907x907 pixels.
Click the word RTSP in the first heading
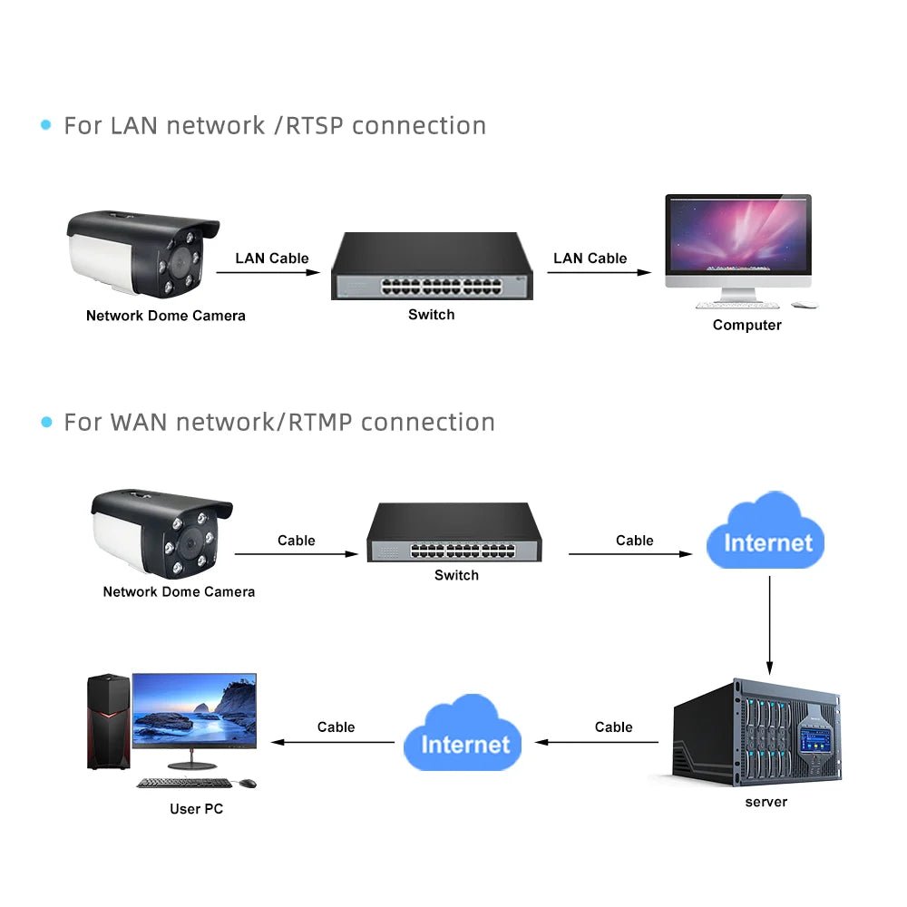(315, 125)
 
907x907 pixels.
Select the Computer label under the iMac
(746, 325)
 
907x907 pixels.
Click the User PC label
(196, 808)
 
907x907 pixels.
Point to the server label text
(766, 802)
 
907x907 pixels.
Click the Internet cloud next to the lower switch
(766, 535)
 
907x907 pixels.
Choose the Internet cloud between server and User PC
(463, 736)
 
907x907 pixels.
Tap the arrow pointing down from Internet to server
(769, 626)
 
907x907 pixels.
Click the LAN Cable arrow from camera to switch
(271, 272)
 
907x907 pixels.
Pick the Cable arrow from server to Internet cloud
(599, 742)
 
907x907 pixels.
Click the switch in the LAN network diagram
(432, 267)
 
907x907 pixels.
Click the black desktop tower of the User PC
(108, 721)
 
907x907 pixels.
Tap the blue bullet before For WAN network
(46, 422)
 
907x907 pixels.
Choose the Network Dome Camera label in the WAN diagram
(179, 591)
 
